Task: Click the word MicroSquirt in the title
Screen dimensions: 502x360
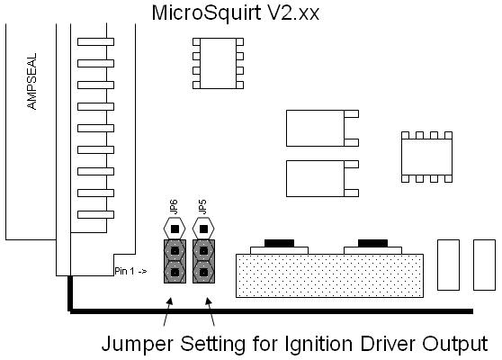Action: click(206, 13)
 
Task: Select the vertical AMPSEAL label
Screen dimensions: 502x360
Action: click(32, 81)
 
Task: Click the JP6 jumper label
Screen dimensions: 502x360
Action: click(174, 207)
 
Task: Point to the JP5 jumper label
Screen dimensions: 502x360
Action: click(202, 207)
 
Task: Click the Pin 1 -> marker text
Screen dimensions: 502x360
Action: click(130, 271)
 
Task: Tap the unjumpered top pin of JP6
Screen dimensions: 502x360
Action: click(175, 229)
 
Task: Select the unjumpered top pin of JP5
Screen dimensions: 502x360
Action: click(203, 229)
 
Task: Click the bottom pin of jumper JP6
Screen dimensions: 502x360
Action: click(175, 272)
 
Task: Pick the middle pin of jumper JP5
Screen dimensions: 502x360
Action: click(203, 250)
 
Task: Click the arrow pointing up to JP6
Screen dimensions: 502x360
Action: click(167, 311)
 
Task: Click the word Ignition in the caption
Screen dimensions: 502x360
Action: click(318, 345)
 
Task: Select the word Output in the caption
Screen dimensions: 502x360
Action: click(455, 344)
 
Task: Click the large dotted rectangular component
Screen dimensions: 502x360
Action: click(329, 275)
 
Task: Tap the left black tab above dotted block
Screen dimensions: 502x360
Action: click(279, 243)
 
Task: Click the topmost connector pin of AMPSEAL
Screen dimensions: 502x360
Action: click(95, 41)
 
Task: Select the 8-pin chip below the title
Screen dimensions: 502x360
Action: click(218, 63)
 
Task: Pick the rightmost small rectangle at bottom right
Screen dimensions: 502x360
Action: click(484, 265)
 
